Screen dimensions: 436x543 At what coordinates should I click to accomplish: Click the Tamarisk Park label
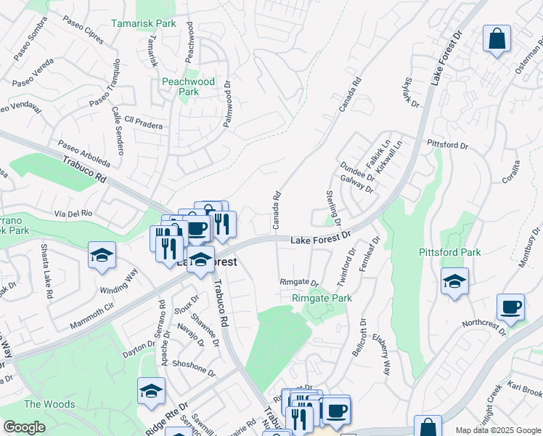pos(144,24)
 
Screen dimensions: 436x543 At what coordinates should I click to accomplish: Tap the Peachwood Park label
pos(189,86)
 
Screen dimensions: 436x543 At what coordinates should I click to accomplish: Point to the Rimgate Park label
pos(322,299)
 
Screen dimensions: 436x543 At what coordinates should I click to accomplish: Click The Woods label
pos(49,404)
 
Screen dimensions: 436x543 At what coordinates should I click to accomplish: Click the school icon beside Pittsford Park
pos(454,281)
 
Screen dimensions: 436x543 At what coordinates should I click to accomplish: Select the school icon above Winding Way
pos(102,255)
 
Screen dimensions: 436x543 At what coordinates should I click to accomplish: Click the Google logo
pos(24,427)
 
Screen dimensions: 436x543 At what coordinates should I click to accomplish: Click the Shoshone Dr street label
pos(192,370)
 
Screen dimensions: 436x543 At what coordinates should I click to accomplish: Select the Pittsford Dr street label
pos(448,145)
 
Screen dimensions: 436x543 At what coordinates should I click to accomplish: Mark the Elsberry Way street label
pos(381,355)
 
